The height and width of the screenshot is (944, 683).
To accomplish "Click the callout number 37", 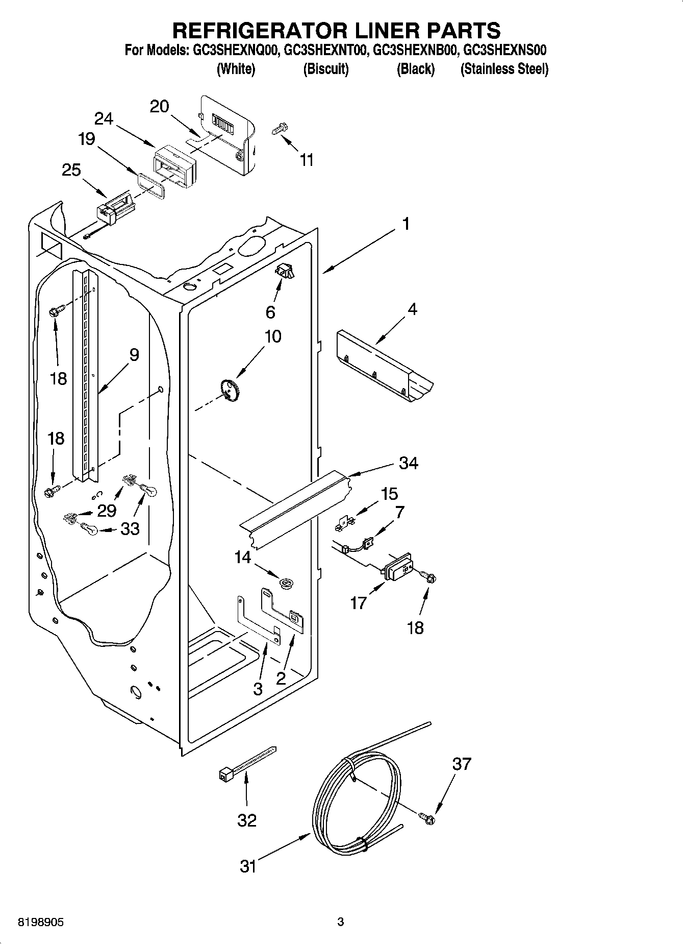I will pos(462,764).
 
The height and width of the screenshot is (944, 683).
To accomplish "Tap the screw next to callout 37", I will pos(427,818).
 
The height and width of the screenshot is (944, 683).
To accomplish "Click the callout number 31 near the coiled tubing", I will pos(248,866).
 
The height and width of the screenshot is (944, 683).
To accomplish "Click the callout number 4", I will pos(412,309).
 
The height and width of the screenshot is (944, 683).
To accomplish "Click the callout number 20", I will pos(159,107).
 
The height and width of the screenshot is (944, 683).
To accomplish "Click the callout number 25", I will pos(71,170).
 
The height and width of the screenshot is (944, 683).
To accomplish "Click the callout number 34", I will pos(409,463).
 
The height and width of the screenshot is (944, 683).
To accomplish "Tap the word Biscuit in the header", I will pos(325,69).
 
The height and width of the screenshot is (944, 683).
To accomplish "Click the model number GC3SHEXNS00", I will pos(505,50).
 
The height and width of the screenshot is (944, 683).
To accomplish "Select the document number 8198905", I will pos(41,922).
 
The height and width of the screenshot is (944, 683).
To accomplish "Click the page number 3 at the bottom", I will pos(340,922).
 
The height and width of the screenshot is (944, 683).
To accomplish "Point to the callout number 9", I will pos(134,354).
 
